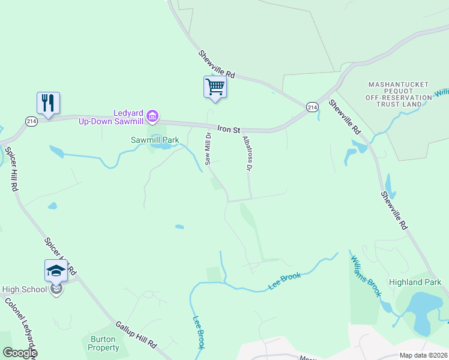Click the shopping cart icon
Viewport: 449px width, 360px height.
[214, 87]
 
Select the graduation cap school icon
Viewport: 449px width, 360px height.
[56, 271]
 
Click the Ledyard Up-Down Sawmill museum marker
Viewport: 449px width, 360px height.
[152, 115]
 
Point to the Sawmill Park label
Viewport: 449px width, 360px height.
[155, 140]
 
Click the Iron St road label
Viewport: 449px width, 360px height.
[229, 129]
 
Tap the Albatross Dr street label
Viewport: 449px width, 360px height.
[246, 153]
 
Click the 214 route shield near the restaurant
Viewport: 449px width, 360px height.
[32, 121]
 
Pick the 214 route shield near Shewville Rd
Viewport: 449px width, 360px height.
[312, 107]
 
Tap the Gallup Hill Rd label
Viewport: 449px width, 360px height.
[136, 335]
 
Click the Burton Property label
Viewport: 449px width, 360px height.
[103, 343]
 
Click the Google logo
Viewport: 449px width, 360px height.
[20, 353]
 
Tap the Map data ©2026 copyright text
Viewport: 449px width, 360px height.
[423, 355]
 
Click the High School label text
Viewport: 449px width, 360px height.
[24, 289]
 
